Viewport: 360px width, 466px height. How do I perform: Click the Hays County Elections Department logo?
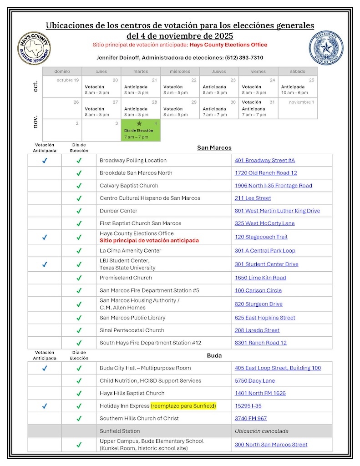[x=34, y=48]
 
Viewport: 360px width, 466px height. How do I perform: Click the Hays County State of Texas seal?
[x=326, y=48]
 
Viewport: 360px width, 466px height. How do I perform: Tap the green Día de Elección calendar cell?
[x=140, y=130]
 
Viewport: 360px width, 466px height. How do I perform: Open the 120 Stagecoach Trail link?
[x=261, y=237]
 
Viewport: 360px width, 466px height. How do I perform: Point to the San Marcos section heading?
[x=214, y=148]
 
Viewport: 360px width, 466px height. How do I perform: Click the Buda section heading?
[x=214, y=355]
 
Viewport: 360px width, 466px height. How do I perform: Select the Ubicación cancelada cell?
[x=261, y=431]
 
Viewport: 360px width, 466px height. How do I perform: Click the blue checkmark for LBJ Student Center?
[x=45, y=264]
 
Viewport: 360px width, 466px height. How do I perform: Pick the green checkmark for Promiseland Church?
[x=79, y=278]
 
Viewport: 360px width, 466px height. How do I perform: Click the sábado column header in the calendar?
[x=298, y=71]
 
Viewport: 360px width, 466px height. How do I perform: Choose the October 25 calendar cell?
[x=298, y=86]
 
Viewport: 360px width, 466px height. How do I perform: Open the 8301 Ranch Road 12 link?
[x=260, y=343]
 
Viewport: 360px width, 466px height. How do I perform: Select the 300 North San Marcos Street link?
[x=271, y=445]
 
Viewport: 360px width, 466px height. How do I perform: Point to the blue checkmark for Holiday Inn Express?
[x=45, y=406]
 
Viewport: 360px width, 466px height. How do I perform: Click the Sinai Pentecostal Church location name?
[x=132, y=330]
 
